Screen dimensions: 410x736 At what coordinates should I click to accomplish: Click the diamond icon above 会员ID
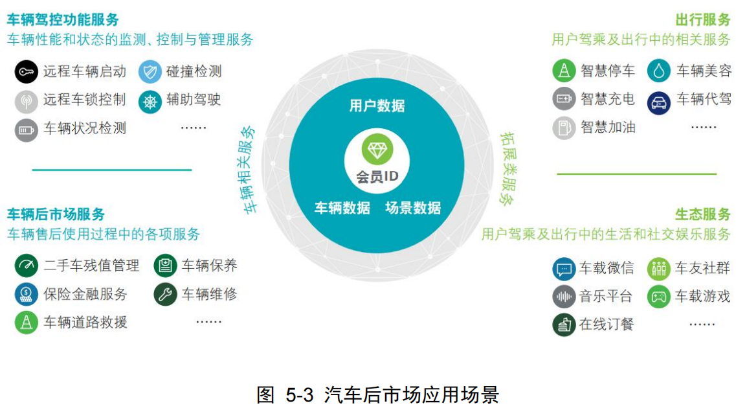[377, 150]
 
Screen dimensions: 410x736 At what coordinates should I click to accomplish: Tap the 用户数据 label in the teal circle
[377, 106]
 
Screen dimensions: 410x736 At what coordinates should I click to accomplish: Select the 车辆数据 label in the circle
[342, 208]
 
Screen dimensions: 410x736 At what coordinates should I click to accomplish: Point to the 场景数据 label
[413, 208]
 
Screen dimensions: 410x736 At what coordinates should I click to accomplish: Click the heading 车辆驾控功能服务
[63, 19]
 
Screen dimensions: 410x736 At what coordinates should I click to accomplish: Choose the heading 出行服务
[702, 19]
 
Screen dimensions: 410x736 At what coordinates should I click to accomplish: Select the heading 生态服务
[702, 214]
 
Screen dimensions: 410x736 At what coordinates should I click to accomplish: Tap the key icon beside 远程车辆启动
[27, 71]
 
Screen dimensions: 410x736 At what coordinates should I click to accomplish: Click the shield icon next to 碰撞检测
[150, 71]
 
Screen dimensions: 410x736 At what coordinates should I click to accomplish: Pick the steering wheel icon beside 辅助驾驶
[150, 100]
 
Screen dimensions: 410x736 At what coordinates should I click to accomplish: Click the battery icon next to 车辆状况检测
[27, 130]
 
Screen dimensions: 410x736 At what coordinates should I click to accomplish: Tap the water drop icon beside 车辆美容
[658, 71]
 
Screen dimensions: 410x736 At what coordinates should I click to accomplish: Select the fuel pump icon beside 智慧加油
[564, 127]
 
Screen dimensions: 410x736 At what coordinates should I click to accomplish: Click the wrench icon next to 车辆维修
[165, 295]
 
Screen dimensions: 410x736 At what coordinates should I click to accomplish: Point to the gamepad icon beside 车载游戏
[658, 297]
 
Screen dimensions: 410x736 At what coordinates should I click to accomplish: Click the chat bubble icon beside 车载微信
[564, 268]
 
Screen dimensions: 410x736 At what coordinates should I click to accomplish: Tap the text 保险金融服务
[85, 295]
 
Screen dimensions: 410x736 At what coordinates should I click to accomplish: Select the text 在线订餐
[607, 325]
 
